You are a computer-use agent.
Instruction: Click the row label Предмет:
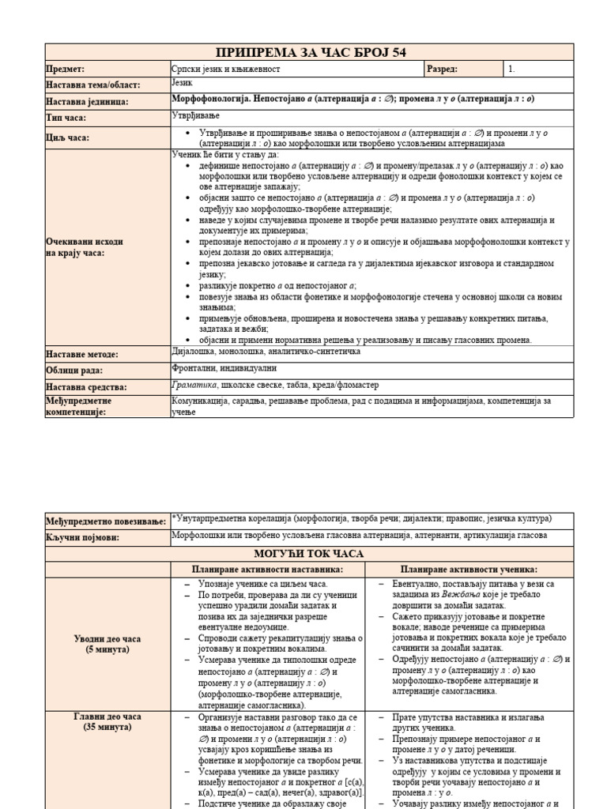66,70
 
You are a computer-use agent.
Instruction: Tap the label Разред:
442,69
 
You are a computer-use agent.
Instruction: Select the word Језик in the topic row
183,82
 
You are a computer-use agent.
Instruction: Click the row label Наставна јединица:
87,102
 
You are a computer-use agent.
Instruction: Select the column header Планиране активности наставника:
267,570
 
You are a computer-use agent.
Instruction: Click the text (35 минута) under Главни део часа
108,726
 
